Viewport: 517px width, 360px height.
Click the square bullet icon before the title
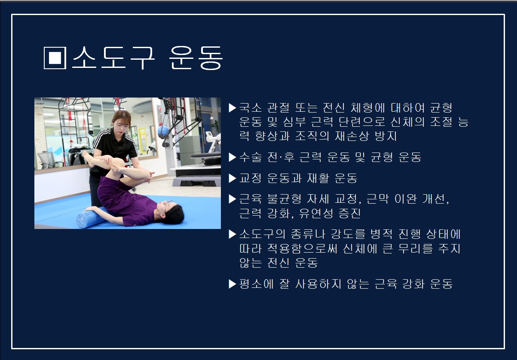pyautogui.click(x=55, y=58)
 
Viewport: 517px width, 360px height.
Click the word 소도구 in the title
pyautogui.click(x=113, y=58)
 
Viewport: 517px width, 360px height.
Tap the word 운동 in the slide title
pyautogui.click(x=196, y=58)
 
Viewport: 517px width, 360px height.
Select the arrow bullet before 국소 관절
pyautogui.click(x=232, y=108)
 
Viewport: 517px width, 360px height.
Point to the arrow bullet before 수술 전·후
pyautogui.click(x=232, y=157)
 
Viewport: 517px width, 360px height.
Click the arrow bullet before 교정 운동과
pyautogui.click(x=232, y=178)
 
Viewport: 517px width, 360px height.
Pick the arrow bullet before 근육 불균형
pyautogui.click(x=232, y=199)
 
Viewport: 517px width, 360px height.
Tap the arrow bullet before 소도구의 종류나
pyautogui.click(x=232, y=234)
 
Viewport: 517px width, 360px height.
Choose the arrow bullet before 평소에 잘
pyautogui.click(x=232, y=284)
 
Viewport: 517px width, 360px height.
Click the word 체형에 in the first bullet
pyautogui.click(x=368, y=108)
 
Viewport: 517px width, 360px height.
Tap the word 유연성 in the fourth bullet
pyautogui.click(x=316, y=214)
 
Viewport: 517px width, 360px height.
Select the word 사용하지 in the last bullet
pyautogui.click(x=318, y=284)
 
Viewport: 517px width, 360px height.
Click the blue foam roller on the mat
pyautogui.click(x=92, y=217)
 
